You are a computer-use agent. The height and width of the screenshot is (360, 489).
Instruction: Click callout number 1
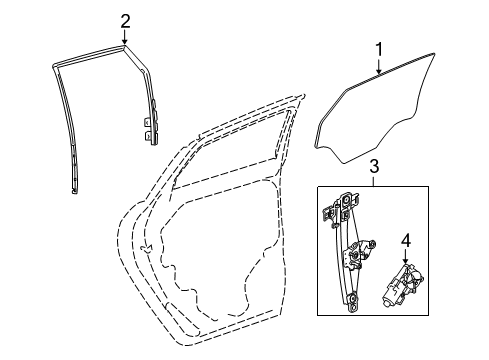379,48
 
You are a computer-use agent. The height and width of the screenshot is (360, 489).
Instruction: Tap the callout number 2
125,21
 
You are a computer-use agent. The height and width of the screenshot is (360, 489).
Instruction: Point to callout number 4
406,241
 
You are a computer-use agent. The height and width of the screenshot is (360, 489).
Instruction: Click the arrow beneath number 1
379,67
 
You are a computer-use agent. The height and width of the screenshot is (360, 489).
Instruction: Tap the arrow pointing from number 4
406,257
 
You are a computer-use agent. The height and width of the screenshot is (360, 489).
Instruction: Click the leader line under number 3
373,181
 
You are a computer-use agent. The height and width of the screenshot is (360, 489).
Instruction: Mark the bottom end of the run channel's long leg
76,188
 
